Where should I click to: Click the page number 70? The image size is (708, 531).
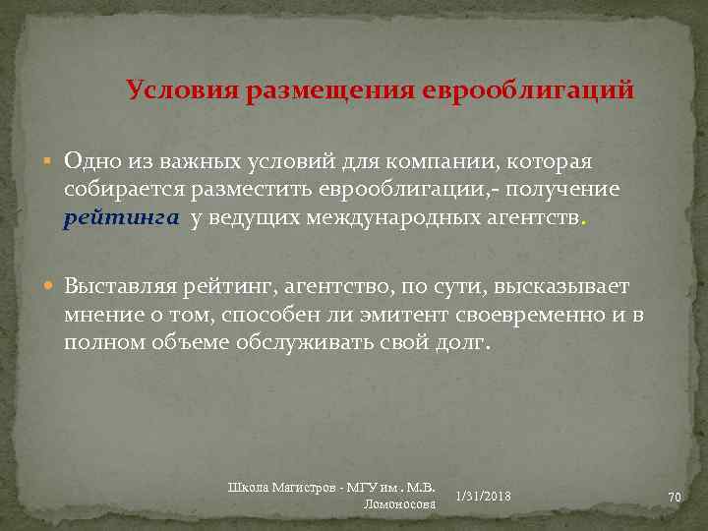(x=675, y=498)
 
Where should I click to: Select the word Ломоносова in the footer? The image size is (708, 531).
(x=399, y=503)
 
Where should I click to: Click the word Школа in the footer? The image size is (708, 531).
(x=252, y=486)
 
